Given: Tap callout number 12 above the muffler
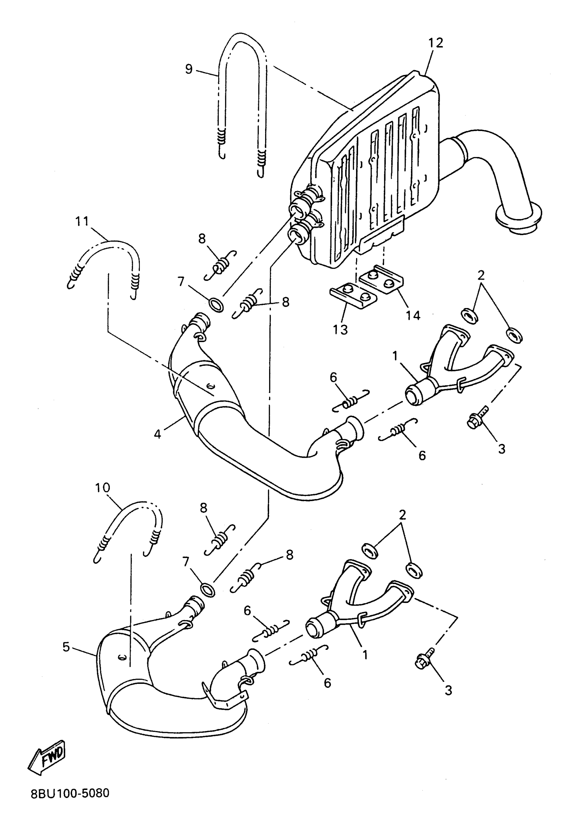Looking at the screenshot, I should (x=436, y=43).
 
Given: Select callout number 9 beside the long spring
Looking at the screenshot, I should (x=189, y=69).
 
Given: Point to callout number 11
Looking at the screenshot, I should (x=82, y=221).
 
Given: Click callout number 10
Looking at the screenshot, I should (x=102, y=487).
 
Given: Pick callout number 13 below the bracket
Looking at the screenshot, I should (x=340, y=330).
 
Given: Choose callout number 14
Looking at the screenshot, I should (x=413, y=315).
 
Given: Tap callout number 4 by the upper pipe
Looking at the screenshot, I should (x=157, y=434).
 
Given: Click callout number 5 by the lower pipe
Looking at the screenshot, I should (x=66, y=647).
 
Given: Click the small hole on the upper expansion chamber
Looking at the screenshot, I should (x=209, y=385).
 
